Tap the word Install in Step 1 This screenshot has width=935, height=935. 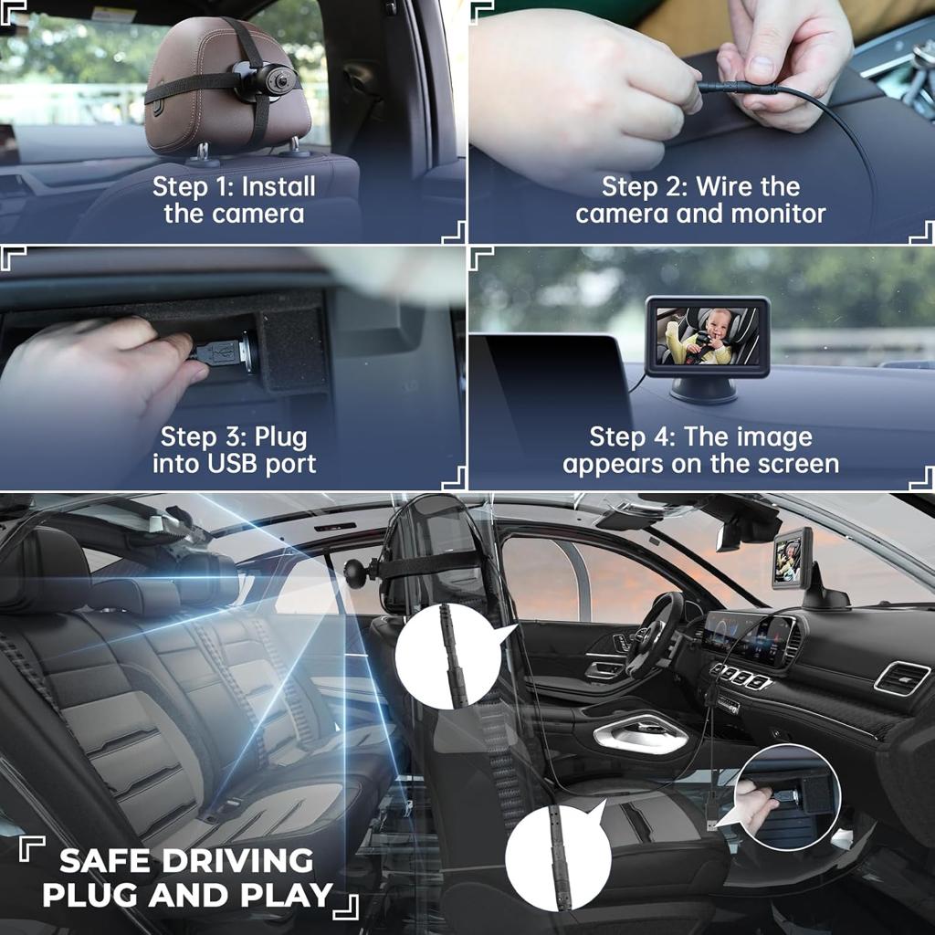[x=278, y=186]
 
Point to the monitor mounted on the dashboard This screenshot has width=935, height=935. [x=792, y=559]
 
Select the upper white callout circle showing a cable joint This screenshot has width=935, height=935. [x=447, y=656]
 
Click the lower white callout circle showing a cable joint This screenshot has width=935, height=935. [x=558, y=858]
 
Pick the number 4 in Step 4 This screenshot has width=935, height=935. [x=667, y=437]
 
